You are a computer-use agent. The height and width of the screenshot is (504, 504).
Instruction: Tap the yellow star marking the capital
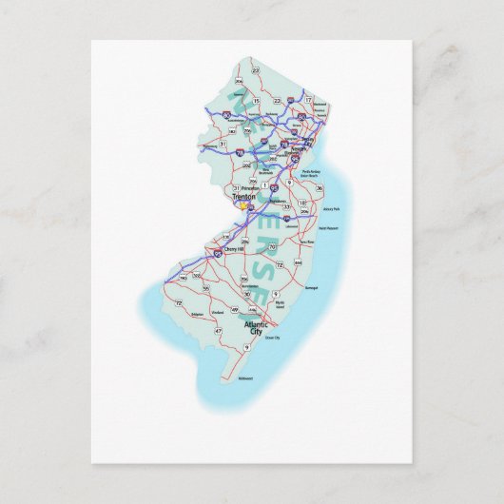pyautogui.click(x=242, y=203)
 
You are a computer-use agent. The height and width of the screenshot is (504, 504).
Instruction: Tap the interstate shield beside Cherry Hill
pyautogui.click(x=219, y=253)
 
